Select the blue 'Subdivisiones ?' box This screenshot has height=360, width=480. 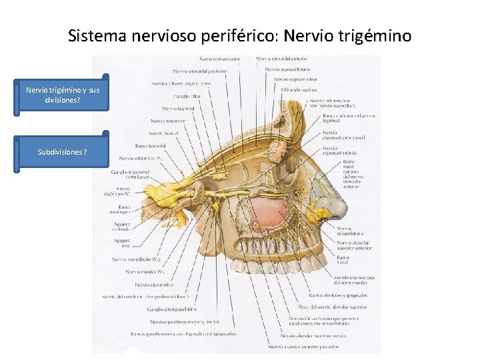point(62,152)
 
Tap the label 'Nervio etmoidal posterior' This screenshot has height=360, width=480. point(199,71)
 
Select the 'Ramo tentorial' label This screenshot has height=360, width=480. point(150,145)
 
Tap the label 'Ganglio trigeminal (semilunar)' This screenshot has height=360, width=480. point(128,176)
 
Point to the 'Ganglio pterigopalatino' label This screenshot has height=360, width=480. point(173,309)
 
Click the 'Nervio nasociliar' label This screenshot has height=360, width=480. point(167,121)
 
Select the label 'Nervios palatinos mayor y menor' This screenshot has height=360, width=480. point(185,321)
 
